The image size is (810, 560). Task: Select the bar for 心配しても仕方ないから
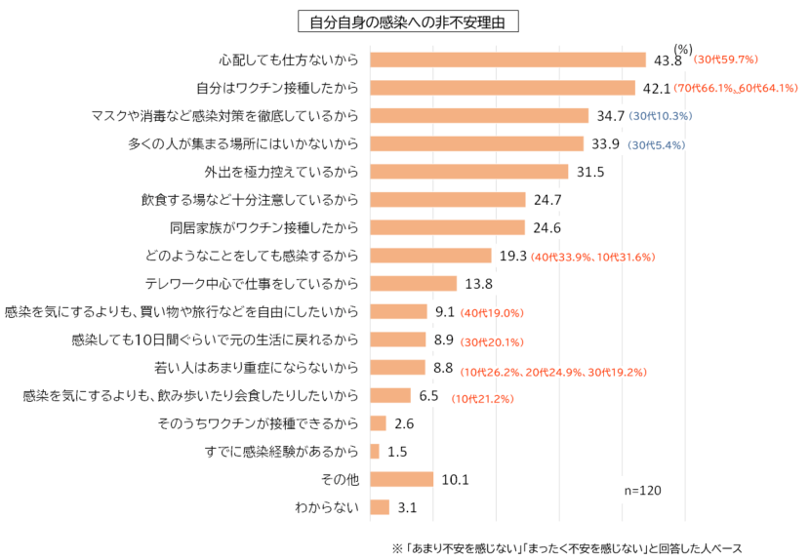click(508, 60)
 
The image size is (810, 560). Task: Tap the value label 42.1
click(656, 88)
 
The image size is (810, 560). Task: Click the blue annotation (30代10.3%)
click(661, 116)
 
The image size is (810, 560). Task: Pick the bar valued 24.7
click(448, 200)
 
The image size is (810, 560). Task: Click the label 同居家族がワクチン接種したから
click(263, 228)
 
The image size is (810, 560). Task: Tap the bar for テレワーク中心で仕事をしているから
click(414, 284)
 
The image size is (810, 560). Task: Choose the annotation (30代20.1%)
click(492, 340)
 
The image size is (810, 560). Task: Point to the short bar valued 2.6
click(379, 423)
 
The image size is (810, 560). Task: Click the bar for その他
click(402, 479)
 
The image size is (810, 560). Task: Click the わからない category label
click(327, 507)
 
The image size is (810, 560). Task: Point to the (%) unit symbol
click(683, 49)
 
